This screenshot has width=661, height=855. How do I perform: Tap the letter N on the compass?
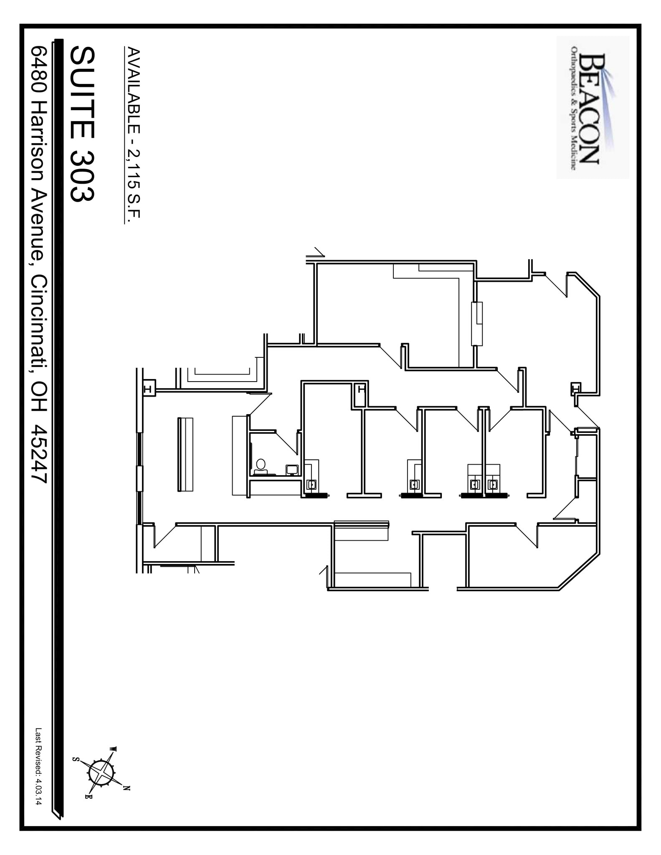(127, 789)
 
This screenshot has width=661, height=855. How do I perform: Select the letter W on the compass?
(113, 749)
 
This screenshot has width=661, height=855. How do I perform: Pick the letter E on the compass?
(88, 797)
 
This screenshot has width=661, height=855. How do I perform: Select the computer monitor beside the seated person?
(292, 469)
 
